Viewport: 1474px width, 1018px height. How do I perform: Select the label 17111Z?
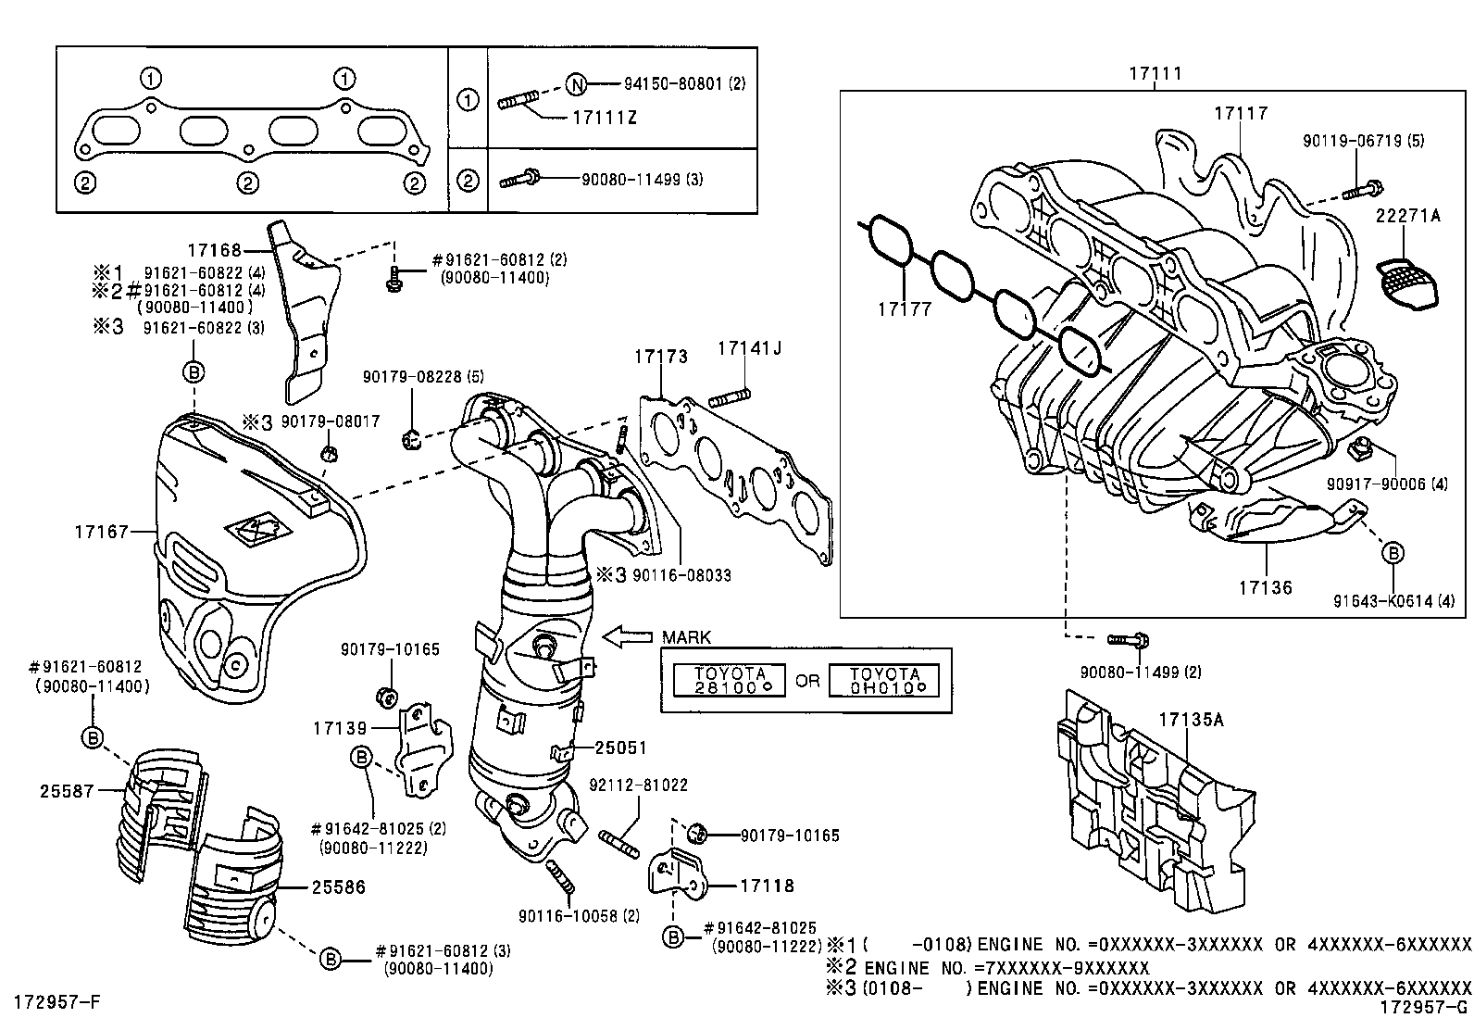[605, 118]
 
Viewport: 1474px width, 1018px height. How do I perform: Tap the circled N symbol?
[576, 85]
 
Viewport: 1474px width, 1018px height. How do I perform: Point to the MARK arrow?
[627, 636]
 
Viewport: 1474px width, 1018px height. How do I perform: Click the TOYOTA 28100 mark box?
[730, 680]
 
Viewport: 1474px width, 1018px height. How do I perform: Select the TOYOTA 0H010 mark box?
[883, 680]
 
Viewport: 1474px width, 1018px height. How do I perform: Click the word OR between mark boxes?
[807, 680]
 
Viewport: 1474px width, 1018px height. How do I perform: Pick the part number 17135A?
[1190, 718]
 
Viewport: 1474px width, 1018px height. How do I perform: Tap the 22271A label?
[1407, 215]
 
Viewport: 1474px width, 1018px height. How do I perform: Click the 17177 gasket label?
[905, 308]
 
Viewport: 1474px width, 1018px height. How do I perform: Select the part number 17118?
[767, 886]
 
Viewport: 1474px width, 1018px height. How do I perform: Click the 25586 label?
[339, 886]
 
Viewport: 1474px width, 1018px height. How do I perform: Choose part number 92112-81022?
[638, 785]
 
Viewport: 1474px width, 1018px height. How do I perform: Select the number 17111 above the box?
[1155, 73]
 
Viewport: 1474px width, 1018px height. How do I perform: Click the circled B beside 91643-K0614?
[1393, 553]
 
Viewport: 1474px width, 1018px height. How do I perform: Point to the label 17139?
[341, 728]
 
